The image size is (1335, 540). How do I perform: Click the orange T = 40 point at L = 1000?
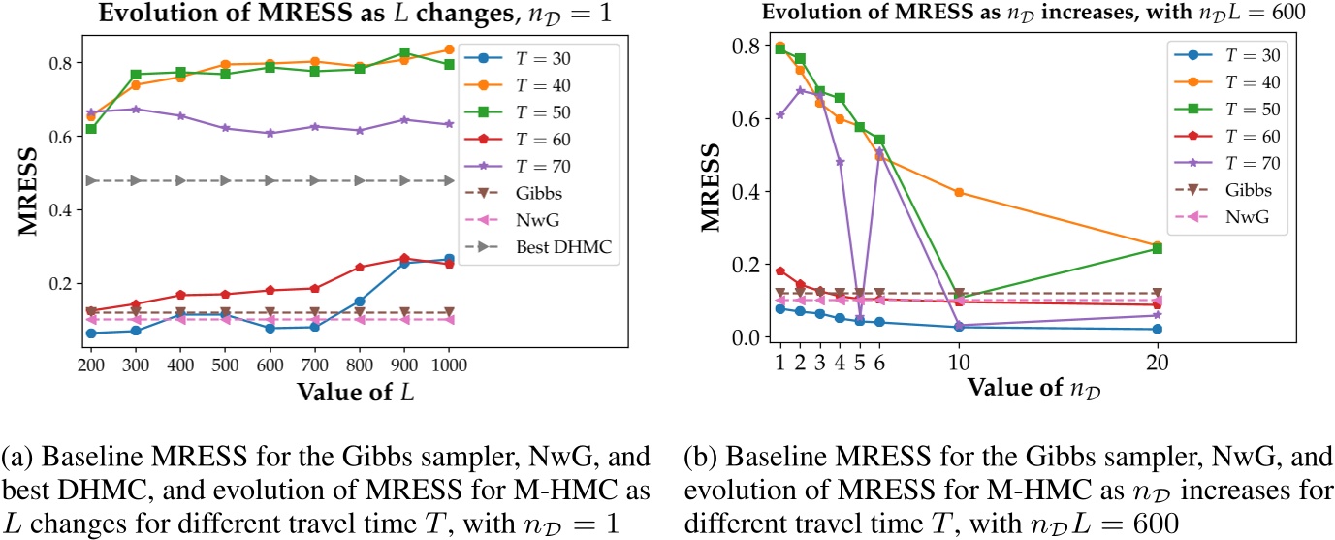pos(449,49)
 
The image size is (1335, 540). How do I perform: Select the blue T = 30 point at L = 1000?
pos(449,259)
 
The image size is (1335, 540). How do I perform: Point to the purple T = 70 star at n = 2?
pos(800,91)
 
